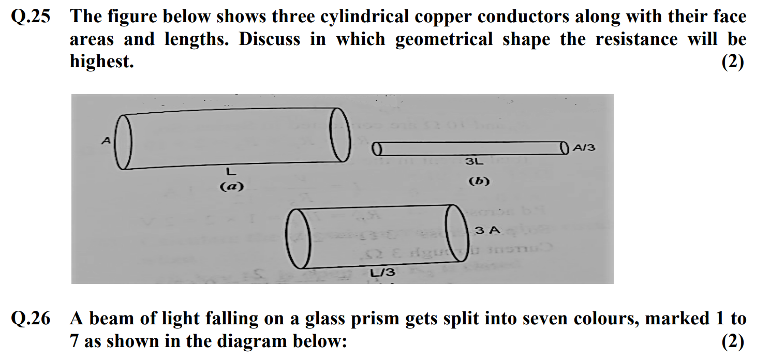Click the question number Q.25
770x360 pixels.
(31, 17)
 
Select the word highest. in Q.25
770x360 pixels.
(101, 62)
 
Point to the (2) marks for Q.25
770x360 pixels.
(732, 62)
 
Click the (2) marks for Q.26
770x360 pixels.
(732, 341)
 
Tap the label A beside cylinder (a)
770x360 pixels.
(106, 140)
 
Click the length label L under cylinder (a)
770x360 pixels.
(231, 170)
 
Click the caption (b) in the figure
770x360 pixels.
(479, 182)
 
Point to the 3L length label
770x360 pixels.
(474, 161)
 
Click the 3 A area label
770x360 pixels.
(487, 230)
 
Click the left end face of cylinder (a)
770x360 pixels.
(124, 142)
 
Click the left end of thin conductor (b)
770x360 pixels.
(377, 150)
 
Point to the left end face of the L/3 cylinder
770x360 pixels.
(298, 238)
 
